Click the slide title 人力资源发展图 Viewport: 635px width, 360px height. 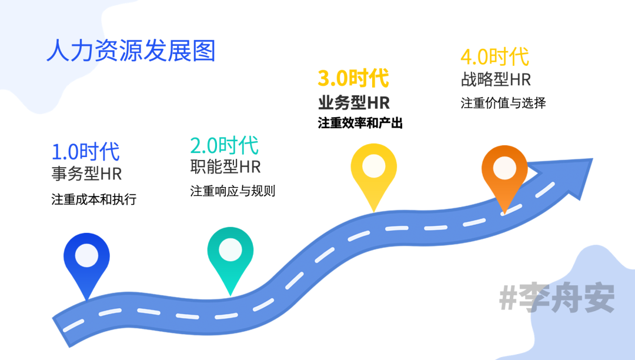[x=131, y=51]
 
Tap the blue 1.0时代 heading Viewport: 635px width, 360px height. [x=85, y=152]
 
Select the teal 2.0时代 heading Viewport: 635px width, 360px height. [x=224, y=145]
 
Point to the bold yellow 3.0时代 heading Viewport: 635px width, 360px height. [x=353, y=78]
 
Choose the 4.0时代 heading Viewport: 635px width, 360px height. [x=494, y=57]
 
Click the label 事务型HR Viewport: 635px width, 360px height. [x=86, y=174]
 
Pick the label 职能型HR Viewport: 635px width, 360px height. [x=225, y=166]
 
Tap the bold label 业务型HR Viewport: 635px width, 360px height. [x=353, y=102]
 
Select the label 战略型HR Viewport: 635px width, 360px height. [x=496, y=79]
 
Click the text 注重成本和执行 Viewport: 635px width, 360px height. [x=94, y=199]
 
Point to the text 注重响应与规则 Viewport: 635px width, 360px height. [x=233, y=191]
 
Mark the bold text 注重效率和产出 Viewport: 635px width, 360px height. [x=360, y=124]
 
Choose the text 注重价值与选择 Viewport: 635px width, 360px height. [x=503, y=103]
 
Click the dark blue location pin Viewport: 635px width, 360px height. [x=87, y=262]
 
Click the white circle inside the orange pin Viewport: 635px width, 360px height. [x=504, y=168]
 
